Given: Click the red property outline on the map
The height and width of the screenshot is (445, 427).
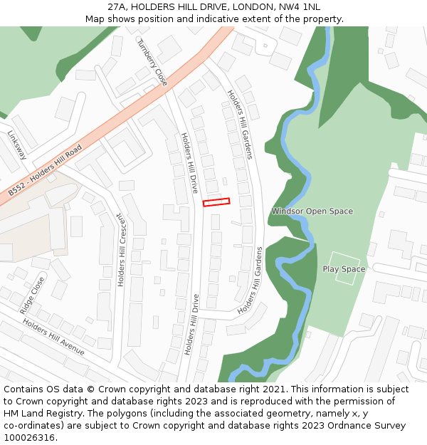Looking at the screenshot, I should [216, 202].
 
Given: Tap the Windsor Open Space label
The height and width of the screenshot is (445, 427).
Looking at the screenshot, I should [312, 211].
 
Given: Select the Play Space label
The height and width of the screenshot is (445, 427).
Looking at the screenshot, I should [344, 269].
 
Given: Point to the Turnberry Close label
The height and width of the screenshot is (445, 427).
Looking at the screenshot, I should [152, 62].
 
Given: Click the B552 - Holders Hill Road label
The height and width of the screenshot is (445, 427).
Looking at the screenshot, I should [46, 172].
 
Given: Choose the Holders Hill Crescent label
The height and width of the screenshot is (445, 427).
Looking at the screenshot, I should [121, 250].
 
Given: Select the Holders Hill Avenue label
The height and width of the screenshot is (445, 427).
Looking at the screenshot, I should [53, 337].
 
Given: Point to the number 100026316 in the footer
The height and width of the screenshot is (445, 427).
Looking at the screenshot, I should [28, 438].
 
